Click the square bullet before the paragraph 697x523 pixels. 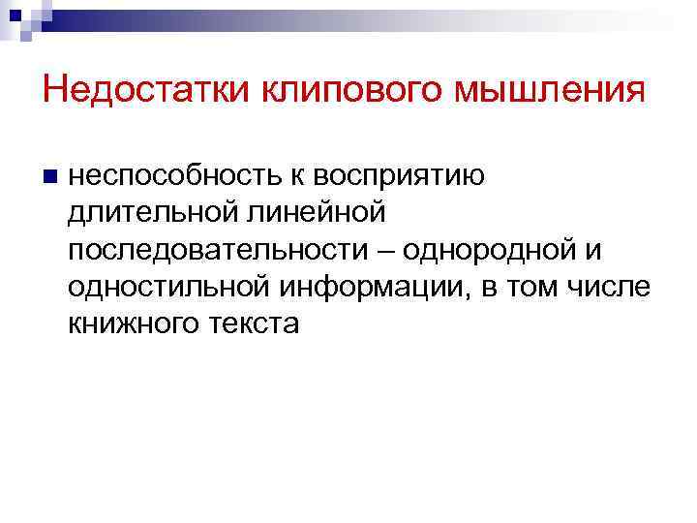51,177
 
